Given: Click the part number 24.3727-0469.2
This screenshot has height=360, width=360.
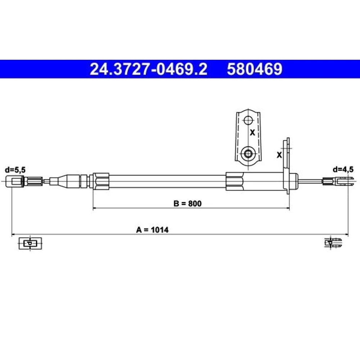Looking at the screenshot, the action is (149, 69).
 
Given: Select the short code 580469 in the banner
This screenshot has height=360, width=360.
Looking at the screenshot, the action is (255, 69).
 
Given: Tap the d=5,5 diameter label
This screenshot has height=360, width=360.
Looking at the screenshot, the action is (15, 170).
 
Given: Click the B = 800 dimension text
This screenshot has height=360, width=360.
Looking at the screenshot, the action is (188, 203).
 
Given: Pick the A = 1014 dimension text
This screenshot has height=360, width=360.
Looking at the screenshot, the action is (152, 230).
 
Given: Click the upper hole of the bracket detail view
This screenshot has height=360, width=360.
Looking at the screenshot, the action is (248, 120).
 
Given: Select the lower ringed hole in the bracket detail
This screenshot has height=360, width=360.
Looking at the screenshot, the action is (248, 153).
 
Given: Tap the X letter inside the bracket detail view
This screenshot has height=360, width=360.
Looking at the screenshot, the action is (252, 132).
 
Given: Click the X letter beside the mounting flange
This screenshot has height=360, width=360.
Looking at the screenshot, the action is (279, 155).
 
